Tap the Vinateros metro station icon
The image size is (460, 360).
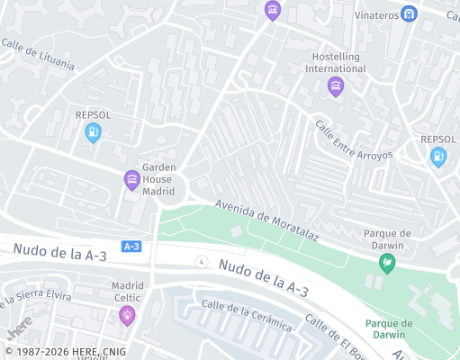(410, 14)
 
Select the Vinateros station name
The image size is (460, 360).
(376, 14)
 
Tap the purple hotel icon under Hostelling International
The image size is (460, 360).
(336, 86)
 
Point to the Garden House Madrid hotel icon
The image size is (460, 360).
(131, 180)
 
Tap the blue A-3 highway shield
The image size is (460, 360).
(131, 246)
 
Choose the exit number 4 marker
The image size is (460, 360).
(200, 261)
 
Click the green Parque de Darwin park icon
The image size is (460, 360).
(387, 263)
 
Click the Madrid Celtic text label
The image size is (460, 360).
(127, 292)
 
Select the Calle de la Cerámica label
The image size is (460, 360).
(247, 316)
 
